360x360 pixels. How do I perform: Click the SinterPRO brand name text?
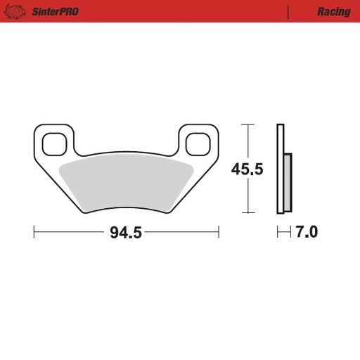point(55,11)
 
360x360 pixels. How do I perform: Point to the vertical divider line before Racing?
point(289,11)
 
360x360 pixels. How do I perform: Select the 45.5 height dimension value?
point(247,169)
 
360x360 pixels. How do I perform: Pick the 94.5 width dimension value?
point(126,233)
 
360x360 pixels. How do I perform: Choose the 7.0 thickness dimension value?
point(305,233)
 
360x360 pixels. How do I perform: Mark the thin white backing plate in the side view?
point(281,169)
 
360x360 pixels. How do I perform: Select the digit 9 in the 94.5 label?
point(114,233)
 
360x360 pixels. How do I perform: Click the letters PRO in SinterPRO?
point(68,11)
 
